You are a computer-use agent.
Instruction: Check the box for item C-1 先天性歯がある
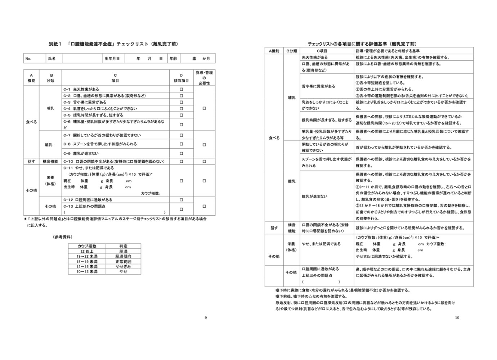pyautogui.click(x=181, y=89)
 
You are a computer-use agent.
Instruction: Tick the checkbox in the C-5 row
pyautogui.click(x=181, y=115)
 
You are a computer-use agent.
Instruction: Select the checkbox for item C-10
pyautogui.click(x=181, y=162)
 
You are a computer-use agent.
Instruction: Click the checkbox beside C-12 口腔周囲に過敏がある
pyautogui.click(x=181, y=200)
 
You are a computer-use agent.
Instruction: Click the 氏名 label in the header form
pyautogui.click(x=52, y=59)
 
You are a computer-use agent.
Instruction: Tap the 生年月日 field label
pyautogui.click(x=112, y=59)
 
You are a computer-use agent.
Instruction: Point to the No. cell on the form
pyautogui.click(x=28, y=59)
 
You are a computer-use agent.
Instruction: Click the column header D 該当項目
pyautogui.click(x=181, y=78)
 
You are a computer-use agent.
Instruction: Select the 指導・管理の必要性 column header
pyautogui.click(x=204, y=78)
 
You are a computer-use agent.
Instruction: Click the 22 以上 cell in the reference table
pyautogui.click(x=87, y=251)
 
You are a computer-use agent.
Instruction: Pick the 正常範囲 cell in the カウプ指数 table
pyautogui.click(x=124, y=262)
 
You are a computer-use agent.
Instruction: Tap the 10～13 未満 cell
pyautogui.click(x=87, y=272)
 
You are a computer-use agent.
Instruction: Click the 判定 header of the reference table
pyautogui.click(x=124, y=246)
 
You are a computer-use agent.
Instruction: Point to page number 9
pyautogui.click(x=206, y=318)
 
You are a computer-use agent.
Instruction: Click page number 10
pyautogui.click(x=457, y=318)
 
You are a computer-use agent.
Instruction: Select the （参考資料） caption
pyautogui.click(x=62, y=237)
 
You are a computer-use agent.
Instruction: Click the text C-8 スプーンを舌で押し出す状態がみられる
pyautogui.click(x=100, y=144)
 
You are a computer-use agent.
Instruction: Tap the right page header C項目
pyautogui.click(x=319, y=51)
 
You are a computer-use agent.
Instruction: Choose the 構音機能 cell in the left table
pyautogui.click(x=50, y=162)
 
